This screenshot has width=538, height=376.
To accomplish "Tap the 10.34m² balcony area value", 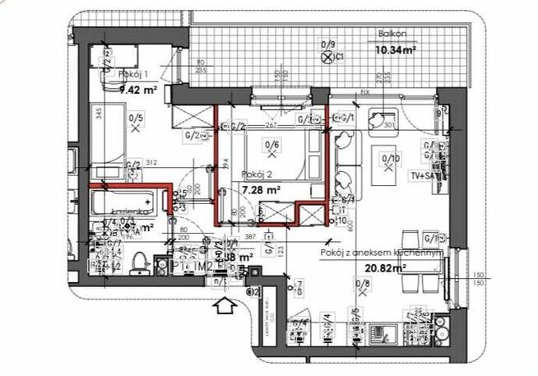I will pyautogui.click(x=395, y=49).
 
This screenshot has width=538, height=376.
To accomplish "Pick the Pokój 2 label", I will pyautogui.click(x=258, y=174).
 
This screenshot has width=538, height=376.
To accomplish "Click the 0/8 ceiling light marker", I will pyautogui.click(x=362, y=290).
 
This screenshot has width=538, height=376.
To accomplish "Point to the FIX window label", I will pyautogui.click(x=365, y=92).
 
